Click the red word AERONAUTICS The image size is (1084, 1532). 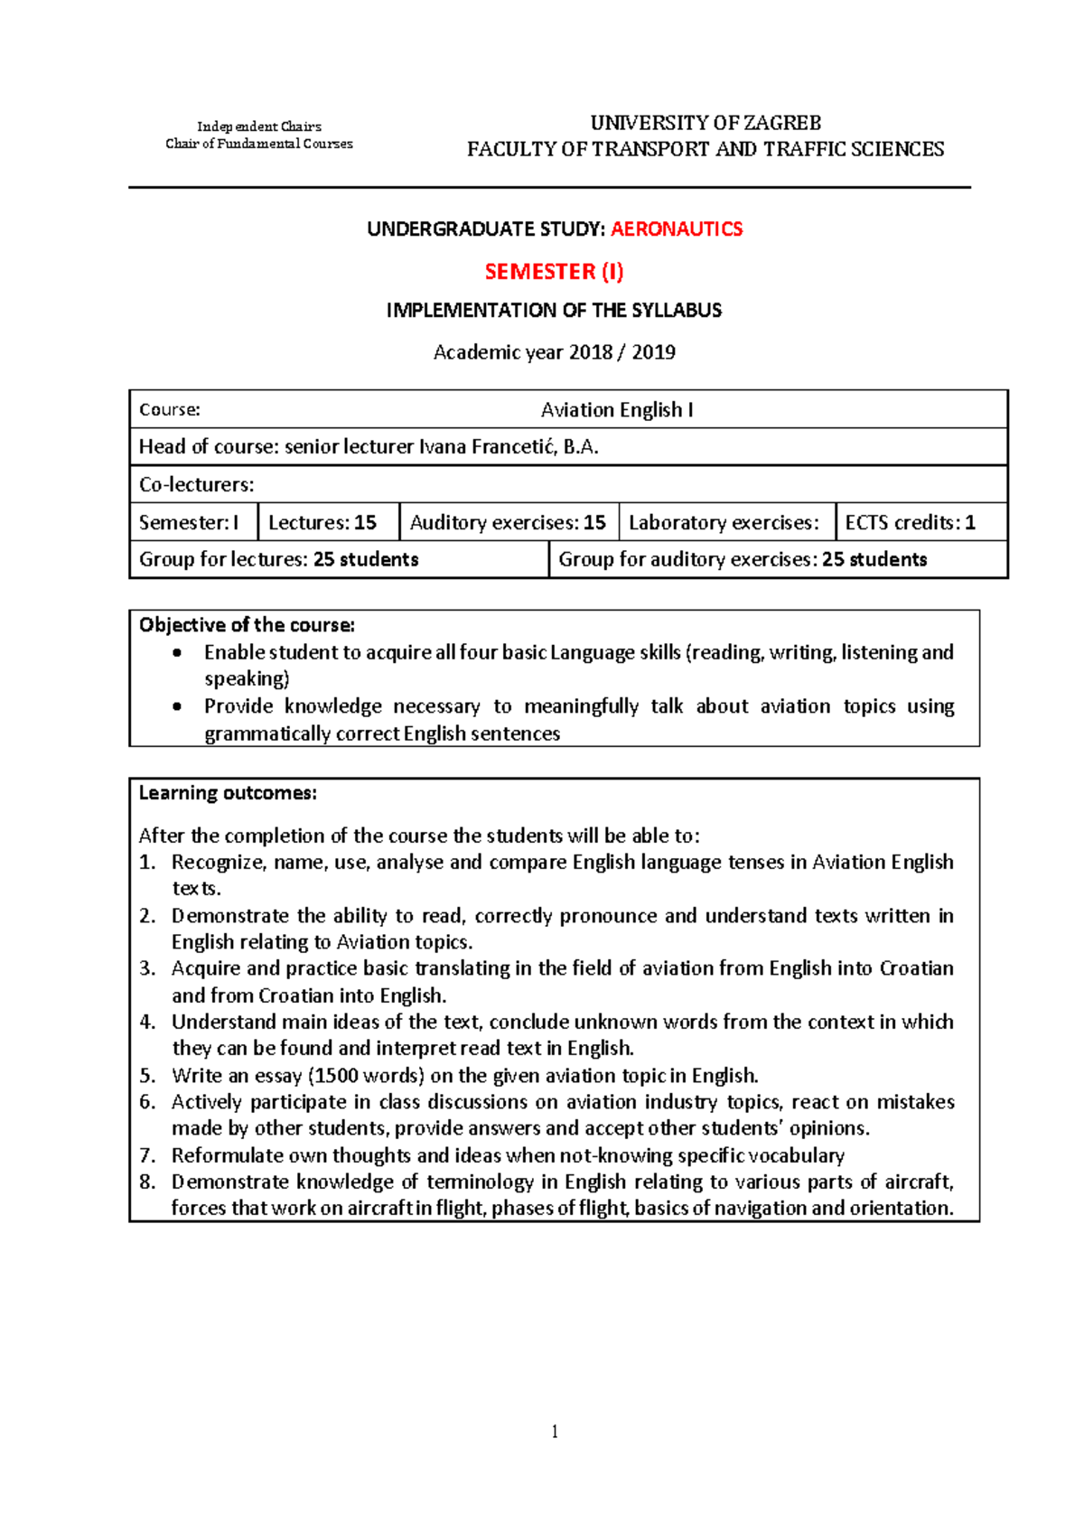pos(677,229)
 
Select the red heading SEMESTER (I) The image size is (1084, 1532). pos(554,272)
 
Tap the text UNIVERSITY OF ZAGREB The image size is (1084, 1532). pos(706,123)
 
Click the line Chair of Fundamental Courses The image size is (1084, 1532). pos(259,144)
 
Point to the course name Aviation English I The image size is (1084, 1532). pos(617,410)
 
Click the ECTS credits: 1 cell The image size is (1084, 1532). pos(911,523)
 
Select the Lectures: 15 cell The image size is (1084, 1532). pos(322,523)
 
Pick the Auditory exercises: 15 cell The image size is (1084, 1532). pos(508,523)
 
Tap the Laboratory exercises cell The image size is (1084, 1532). pos(724,523)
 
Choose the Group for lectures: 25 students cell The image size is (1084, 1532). pos(279,560)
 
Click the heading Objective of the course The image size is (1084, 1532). pos(247,625)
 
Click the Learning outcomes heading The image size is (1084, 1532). pos(228,793)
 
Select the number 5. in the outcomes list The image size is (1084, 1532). pos(147,1076)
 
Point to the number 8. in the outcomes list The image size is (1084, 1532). pos(147,1182)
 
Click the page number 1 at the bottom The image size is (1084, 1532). pos(555,1432)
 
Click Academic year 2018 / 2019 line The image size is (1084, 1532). pos(554,352)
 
